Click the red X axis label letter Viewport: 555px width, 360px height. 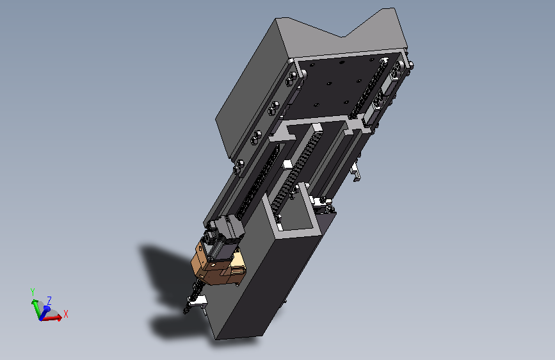[65, 314]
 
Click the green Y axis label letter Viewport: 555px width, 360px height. [33, 292]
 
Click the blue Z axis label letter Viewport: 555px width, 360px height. [49, 301]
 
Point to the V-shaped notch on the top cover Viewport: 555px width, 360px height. [342, 35]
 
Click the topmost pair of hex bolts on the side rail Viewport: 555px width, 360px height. [291, 79]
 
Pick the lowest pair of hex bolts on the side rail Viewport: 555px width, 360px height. [239, 167]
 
